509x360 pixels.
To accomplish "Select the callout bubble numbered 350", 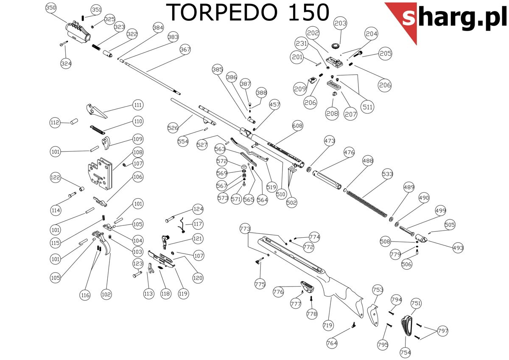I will [x=51, y=8].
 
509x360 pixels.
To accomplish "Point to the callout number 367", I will [x=185, y=49].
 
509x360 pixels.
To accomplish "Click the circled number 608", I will [x=298, y=126].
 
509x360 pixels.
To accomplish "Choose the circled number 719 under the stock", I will [x=327, y=325].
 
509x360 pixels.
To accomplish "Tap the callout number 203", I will [x=340, y=23].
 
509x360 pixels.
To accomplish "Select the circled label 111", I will [x=137, y=105].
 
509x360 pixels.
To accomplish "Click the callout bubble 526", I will [x=173, y=127].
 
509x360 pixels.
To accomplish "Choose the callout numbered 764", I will [x=332, y=342].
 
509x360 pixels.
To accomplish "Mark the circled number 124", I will [x=198, y=209].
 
